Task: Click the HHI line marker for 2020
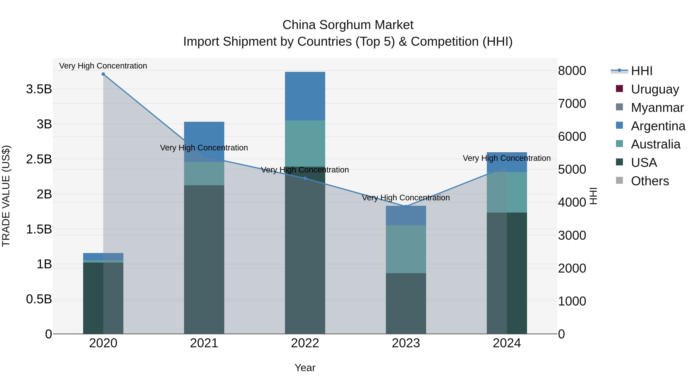coord(103,74)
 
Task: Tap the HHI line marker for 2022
coord(305,178)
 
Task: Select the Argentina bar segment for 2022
coord(305,96)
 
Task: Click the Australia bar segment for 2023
coord(406,249)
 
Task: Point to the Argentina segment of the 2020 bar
coord(103,256)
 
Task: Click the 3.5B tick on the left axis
coord(39,89)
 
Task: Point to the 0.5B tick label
coord(39,299)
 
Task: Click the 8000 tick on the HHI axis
coord(572,71)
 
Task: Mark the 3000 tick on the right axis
coord(572,235)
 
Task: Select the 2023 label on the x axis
coord(406,343)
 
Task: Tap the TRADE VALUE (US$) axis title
coord(6,196)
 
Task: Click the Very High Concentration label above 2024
coord(507,158)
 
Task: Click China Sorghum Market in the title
coord(348,25)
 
